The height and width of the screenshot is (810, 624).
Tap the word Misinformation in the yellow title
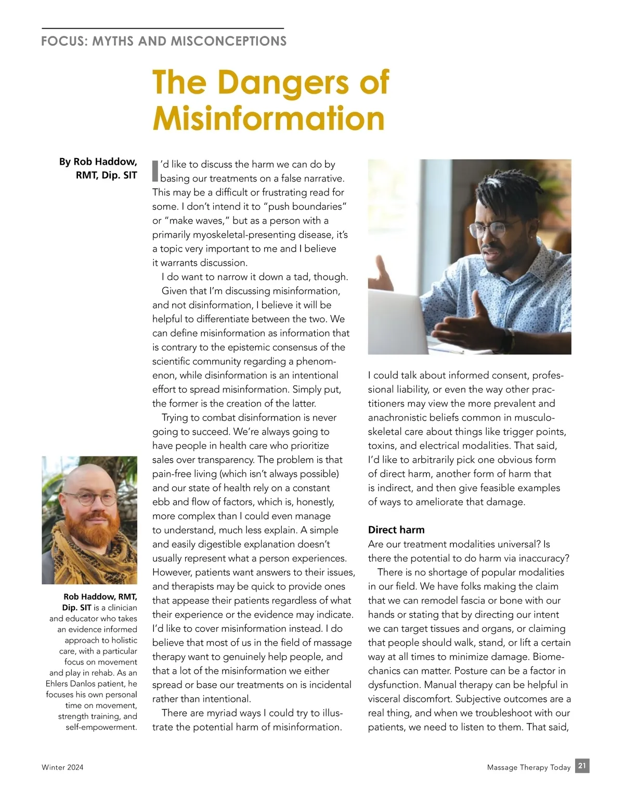pos(268,119)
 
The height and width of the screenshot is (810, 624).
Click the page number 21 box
pos(582,766)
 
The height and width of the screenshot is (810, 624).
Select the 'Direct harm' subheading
pos(396,530)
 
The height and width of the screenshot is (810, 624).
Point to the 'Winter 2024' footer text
pos(62,767)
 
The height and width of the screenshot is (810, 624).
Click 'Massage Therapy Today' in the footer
pos(528,767)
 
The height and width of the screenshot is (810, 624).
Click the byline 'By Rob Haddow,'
pos(98,162)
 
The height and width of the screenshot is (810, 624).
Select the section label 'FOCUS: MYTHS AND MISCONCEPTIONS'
pos(164,41)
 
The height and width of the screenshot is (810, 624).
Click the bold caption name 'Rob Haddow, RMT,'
pos(100,597)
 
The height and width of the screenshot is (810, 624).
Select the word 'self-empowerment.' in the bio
pos(101,727)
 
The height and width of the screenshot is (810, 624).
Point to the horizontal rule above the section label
pos(163,28)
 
